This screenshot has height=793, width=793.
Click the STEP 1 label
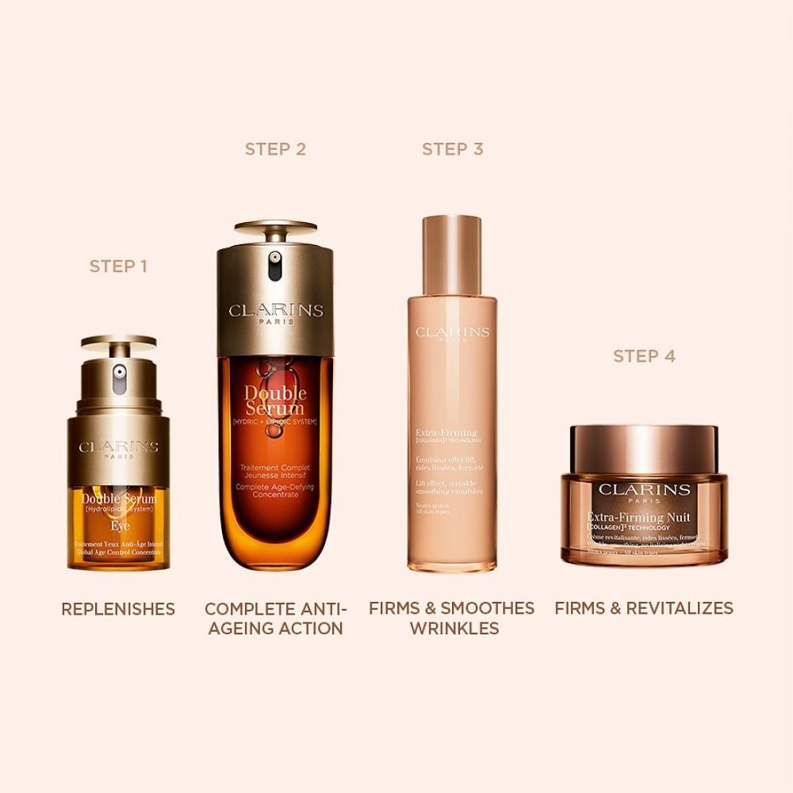[118, 266]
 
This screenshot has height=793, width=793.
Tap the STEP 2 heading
[275, 149]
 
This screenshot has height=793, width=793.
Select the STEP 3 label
[452, 149]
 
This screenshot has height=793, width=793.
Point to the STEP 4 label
[644, 356]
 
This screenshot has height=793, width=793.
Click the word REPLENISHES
[118, 609]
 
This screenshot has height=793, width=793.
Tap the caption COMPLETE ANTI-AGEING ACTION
[275, 619]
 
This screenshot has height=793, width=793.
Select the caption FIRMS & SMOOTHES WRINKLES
[452, 619]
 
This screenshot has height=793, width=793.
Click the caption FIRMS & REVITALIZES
[644, 609]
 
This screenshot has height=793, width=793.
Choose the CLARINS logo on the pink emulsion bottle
[452, 332]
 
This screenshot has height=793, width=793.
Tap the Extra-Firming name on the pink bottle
[446, 433]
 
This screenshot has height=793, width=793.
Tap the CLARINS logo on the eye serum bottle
[119, 447]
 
